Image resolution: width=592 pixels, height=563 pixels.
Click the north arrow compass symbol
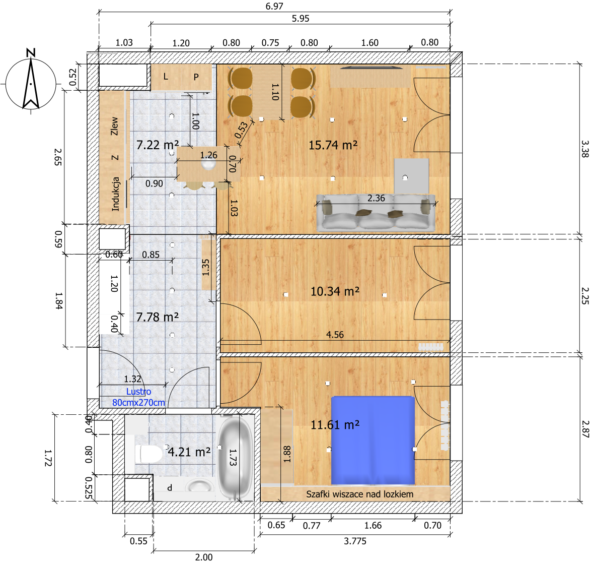31,83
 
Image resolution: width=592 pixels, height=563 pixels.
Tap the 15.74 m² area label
333,145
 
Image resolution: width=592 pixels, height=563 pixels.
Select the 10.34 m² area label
335,291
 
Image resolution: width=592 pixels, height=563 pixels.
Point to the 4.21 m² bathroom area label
189,452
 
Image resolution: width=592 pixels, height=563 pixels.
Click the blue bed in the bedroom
373,441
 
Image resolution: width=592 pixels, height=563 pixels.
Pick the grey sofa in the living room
376,213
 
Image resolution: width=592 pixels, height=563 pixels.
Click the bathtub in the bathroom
236,458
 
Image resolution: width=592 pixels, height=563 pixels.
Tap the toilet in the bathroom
148,454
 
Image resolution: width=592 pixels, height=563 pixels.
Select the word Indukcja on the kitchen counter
116,194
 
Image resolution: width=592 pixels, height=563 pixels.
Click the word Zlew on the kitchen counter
114,127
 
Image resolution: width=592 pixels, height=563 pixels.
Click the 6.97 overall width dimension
274,7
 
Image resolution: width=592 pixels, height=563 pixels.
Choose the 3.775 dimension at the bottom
355,541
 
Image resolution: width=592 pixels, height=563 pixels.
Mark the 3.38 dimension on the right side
584,149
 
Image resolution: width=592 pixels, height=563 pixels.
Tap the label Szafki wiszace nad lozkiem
359,494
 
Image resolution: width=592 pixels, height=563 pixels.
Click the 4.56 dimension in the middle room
335,335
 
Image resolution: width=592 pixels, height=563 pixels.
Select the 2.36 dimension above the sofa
376,198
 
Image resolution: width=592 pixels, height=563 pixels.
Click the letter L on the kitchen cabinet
165,77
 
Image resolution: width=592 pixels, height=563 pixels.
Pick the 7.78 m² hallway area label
158,317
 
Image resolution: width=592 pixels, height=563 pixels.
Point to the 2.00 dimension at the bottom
204,557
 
